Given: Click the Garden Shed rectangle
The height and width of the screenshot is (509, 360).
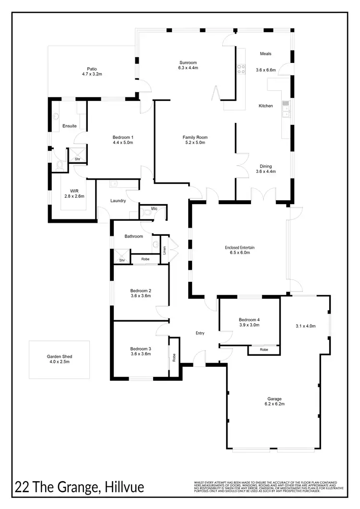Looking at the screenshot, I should (x=59, y=359).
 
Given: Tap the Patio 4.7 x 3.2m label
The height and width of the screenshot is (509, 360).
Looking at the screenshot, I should (x=92, y=72).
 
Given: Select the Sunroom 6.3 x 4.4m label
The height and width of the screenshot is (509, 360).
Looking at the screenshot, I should (x=188, y=65).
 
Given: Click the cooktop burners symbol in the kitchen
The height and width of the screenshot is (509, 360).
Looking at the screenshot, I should (x=241, y=69).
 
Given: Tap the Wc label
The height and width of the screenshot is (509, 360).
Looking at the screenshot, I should (x=154, y=209).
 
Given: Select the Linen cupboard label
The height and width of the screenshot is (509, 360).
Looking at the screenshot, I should (x=164, y=250).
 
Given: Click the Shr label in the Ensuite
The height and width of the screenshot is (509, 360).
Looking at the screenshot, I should (x=76, y=158).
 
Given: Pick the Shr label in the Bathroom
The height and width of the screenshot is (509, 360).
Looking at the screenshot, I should (x=122, y=260).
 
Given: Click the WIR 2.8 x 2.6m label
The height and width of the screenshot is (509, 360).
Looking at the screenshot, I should (x=73, y=194).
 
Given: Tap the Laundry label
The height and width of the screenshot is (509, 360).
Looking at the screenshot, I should (x=118, y=201).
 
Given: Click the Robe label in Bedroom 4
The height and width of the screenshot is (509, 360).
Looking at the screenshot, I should (x=264, y=350).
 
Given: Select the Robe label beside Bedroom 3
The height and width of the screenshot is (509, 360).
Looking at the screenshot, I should (x=174, y=357).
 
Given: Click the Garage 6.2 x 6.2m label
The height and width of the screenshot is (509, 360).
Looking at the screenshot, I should (x=274, y=401).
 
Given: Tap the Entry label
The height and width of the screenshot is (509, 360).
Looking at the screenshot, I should (x=200, y=333).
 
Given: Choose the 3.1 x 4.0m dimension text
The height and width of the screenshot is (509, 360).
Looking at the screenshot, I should (x=305, y=326).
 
